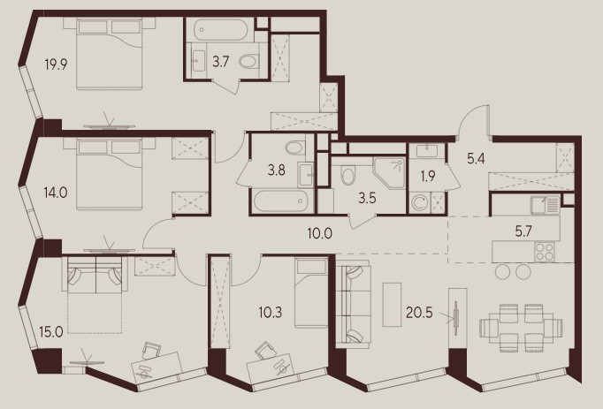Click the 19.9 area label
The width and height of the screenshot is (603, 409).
[x=56, y=64]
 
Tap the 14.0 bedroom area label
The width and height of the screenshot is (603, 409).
[x=56, y=193]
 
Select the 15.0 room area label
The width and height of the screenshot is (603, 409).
[x=51, y=332]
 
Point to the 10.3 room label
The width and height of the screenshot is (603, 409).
[x=271, y=312]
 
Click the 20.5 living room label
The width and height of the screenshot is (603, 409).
[x=419, y=313]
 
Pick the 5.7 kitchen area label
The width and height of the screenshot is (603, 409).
[x=523, y=231]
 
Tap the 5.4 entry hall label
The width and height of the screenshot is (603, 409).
[x=476, y=158]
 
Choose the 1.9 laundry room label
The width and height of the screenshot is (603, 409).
[x=428, y=176]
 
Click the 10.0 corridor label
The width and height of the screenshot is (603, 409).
[x=319, y=233]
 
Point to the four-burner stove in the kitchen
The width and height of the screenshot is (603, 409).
[x=544, y=252]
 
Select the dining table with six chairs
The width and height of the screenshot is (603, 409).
[x=521, y=328]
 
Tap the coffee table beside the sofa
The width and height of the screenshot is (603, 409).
[x=392, y=305]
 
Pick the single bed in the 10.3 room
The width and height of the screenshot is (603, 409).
[x=310, y=293]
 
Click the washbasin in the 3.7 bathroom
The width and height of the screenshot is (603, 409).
[x=198, y=61]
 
